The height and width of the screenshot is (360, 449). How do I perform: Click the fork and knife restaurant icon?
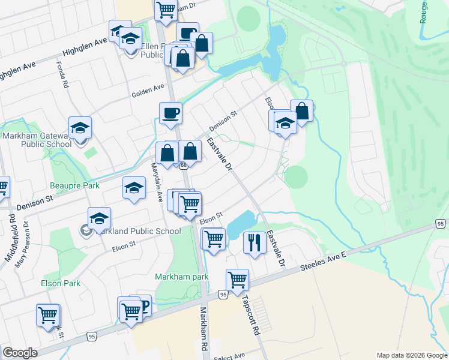[x=255, y=242]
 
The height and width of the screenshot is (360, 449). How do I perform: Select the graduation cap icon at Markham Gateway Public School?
[x=80, y=128]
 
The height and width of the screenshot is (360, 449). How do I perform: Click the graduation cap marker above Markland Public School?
[x=99, y=218]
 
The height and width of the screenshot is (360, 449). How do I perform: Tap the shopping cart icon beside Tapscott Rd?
[x=237, y=280]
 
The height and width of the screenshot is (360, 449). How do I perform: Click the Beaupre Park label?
[x=75, y=186]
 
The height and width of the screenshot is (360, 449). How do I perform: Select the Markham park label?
[x=181, y=277]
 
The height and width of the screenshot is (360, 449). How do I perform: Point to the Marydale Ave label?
[x=158, y=182]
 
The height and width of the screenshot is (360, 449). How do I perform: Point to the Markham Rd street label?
[x=203, y=329]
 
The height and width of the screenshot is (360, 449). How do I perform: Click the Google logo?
[x=20, y=353]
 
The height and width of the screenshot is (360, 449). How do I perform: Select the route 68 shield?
[x=183, y=166]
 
